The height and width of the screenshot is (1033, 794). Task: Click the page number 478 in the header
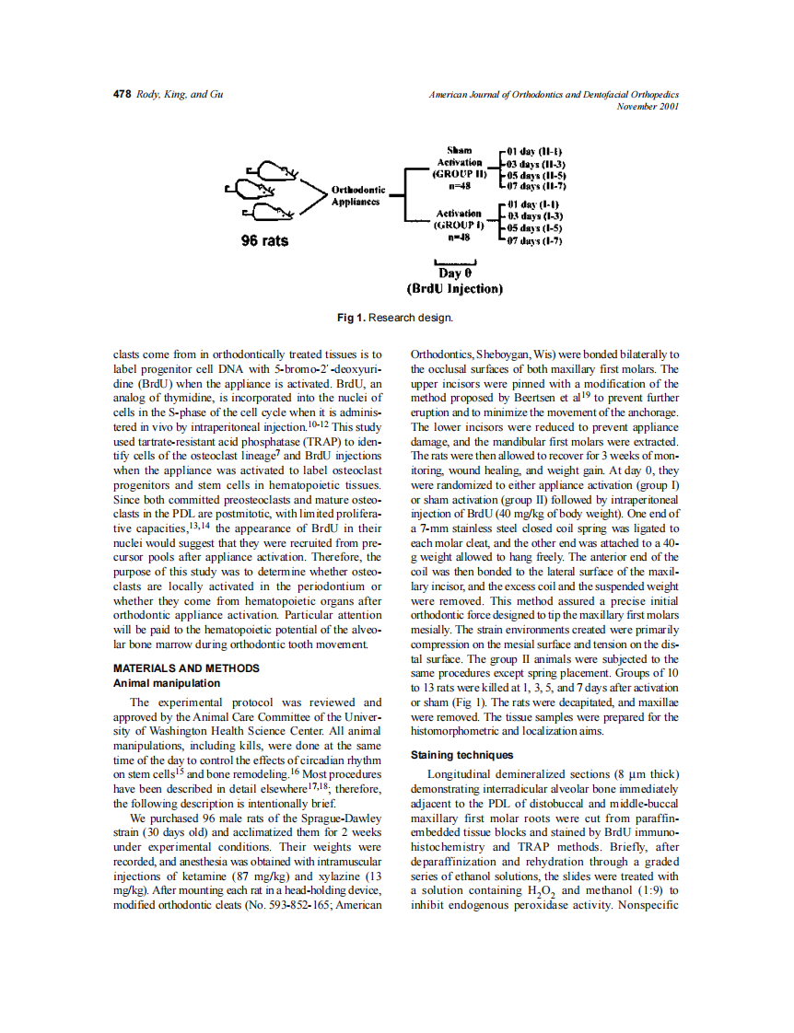(122, 95)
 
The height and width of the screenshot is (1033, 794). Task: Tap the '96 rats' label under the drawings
(264, 241)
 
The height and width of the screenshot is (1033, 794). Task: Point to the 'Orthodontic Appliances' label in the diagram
(358, 196)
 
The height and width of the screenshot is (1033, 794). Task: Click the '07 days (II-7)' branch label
(535, 186)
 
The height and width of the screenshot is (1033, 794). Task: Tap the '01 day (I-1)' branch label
(533, 204)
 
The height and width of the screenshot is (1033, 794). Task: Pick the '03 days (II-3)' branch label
(535, 163)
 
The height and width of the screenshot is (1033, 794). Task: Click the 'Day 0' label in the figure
(455, 273)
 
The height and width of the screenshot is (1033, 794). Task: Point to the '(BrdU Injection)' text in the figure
(455, 289)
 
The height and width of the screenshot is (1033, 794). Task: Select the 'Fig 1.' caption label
(351, 318)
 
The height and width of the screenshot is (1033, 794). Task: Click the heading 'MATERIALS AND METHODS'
(185, 668)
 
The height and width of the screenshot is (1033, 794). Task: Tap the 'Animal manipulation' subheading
(166, 683)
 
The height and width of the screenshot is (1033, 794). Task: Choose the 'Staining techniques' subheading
(462, 755)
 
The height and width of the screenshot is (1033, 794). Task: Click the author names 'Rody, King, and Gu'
(180, 95)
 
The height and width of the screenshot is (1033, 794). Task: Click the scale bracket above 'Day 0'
(455, 261)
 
